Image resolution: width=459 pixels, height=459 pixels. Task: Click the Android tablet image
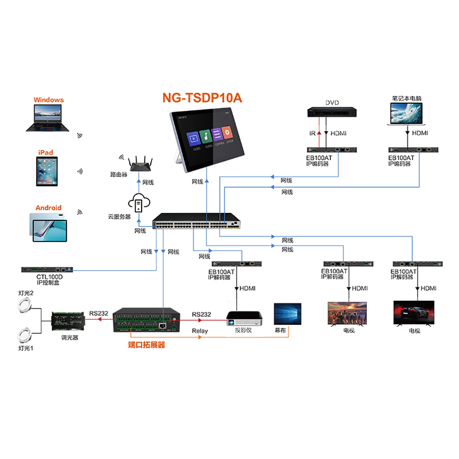click(x=47, y=225)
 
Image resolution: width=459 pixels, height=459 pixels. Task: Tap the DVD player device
click(x=331, y=112)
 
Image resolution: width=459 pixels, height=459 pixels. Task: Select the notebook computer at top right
click(x=406, y=115)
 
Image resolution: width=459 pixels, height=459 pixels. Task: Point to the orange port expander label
click(x=146, y=346)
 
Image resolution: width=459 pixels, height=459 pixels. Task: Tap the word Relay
click(x=200, y=331)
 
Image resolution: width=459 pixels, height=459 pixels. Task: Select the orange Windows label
click(x=49, y=100)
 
